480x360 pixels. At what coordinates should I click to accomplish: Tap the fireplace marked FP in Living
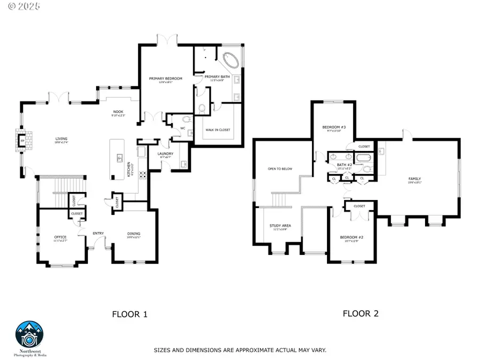click(24, 141)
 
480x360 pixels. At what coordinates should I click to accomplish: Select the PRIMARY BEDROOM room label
click(166, 79)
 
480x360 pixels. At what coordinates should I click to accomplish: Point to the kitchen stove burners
click(143, 174)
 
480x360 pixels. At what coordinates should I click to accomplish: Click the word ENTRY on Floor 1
click(98, 234)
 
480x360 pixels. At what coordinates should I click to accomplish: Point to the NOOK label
click(117, 111)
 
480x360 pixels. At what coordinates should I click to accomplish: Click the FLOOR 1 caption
click(130, 314)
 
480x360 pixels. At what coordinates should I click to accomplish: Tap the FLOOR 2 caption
click(361, 314)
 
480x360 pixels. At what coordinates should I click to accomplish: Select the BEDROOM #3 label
click(334, 127)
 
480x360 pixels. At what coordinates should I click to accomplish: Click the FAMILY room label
click(414, 179)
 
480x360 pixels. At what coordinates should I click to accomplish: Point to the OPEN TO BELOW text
click(280, 169)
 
